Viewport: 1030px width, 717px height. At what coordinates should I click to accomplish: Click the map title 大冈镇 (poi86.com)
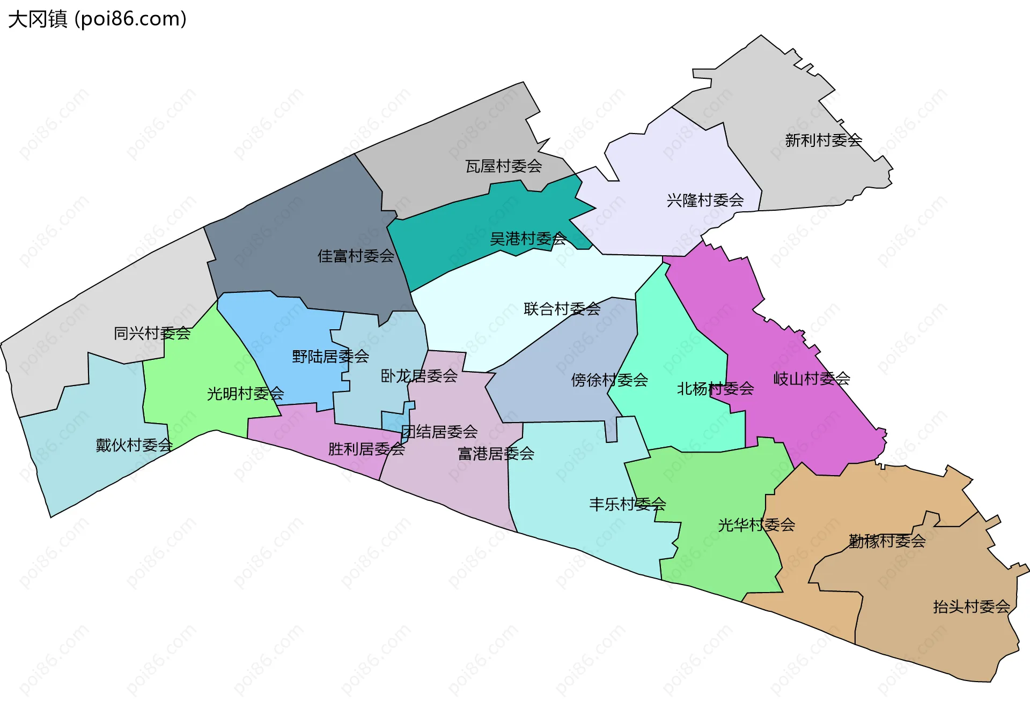pyautogui.click(x=97, y=19)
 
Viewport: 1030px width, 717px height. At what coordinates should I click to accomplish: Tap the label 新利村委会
pyautogui.click(x=823, y=141)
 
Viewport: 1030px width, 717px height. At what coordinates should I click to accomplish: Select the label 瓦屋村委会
pyautogui.click(x=503, y=166)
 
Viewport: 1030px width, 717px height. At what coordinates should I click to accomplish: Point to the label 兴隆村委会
pyautogui.click(x=705, y=201)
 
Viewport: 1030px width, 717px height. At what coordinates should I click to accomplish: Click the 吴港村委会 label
pyautogui.click(x=528, y=239)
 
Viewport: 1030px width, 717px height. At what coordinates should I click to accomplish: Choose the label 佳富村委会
pyautogui.click(x=356, y=256)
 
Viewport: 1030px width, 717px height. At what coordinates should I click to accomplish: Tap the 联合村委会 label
pyautogui.click(x=562, y=309)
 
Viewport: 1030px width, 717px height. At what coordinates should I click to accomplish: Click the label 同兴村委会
pyautogui.click(x=152, y=334)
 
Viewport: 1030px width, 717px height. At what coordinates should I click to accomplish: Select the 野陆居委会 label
pyautogui.click(x=330, y=357)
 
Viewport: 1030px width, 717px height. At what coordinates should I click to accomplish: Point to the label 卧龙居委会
pyautogui.click(x=418, y=376)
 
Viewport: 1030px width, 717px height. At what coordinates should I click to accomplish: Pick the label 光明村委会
pyautogui.click(x=245, y=394)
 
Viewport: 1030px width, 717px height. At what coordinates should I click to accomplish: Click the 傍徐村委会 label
pyautogui.click(x=609, y=380)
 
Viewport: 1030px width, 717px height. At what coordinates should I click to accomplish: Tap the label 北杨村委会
pyautogui.click(x=715, y=389)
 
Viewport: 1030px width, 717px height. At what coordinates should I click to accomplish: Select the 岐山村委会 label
pyautogui.click(x=811, y=379)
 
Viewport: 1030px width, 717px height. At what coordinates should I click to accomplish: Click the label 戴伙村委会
pyautogui.click(x=134, y=446)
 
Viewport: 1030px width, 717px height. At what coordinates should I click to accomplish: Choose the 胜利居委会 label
pyautogui.click(x=366, y=449)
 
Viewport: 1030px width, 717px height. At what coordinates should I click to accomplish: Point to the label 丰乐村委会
pyautogui.click(x=627, y=505)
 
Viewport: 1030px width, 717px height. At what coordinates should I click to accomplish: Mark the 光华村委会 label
pyautogui.click(x=756, y=525)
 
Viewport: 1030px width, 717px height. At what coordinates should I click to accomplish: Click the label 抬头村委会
pyautogui.click(x=971, y=607)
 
